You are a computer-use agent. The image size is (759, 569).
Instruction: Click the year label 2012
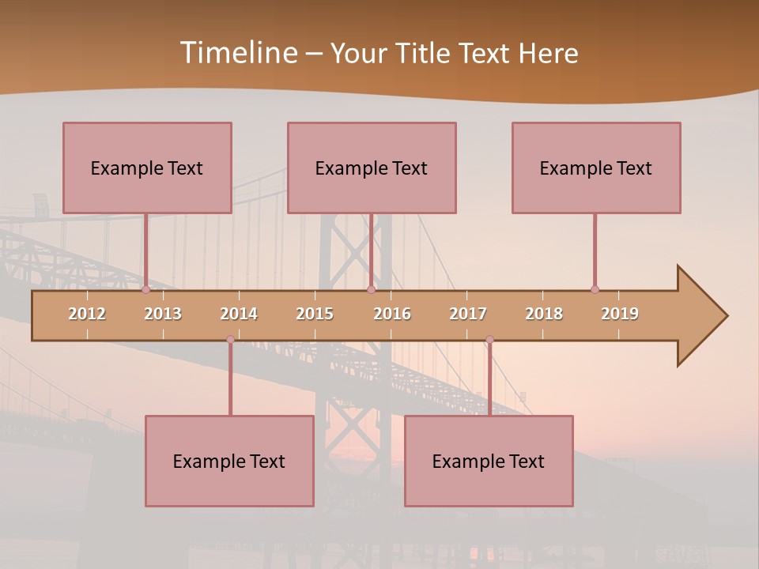[87, 314]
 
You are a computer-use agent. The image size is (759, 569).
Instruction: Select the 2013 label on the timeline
[163, 314]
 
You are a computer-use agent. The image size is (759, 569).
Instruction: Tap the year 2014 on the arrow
[239, 314]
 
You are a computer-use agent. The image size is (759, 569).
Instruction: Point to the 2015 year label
[315, 314]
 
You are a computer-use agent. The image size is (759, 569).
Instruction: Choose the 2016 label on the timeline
[392, 314]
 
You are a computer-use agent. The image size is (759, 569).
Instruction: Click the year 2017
[468, 314]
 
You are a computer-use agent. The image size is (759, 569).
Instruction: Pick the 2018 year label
[544, 314]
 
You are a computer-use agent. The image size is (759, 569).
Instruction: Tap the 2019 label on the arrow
[620, 314]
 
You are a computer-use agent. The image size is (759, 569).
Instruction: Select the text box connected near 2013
[147, 168]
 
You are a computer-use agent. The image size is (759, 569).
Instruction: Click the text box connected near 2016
[372, 168]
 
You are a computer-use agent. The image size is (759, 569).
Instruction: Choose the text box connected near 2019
[596, 168]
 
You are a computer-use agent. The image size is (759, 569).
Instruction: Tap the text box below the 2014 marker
[229, 461]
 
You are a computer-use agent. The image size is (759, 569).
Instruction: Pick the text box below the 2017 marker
[489, 461]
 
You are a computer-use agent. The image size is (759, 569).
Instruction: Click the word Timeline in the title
[237, 53]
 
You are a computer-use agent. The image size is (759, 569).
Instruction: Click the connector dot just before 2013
[145, 289]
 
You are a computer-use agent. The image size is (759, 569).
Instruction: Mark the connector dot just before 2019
[595, 289]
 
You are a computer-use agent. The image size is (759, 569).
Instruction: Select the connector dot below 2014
[230, 340]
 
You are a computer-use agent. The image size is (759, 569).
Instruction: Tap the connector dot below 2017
[489, 340]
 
